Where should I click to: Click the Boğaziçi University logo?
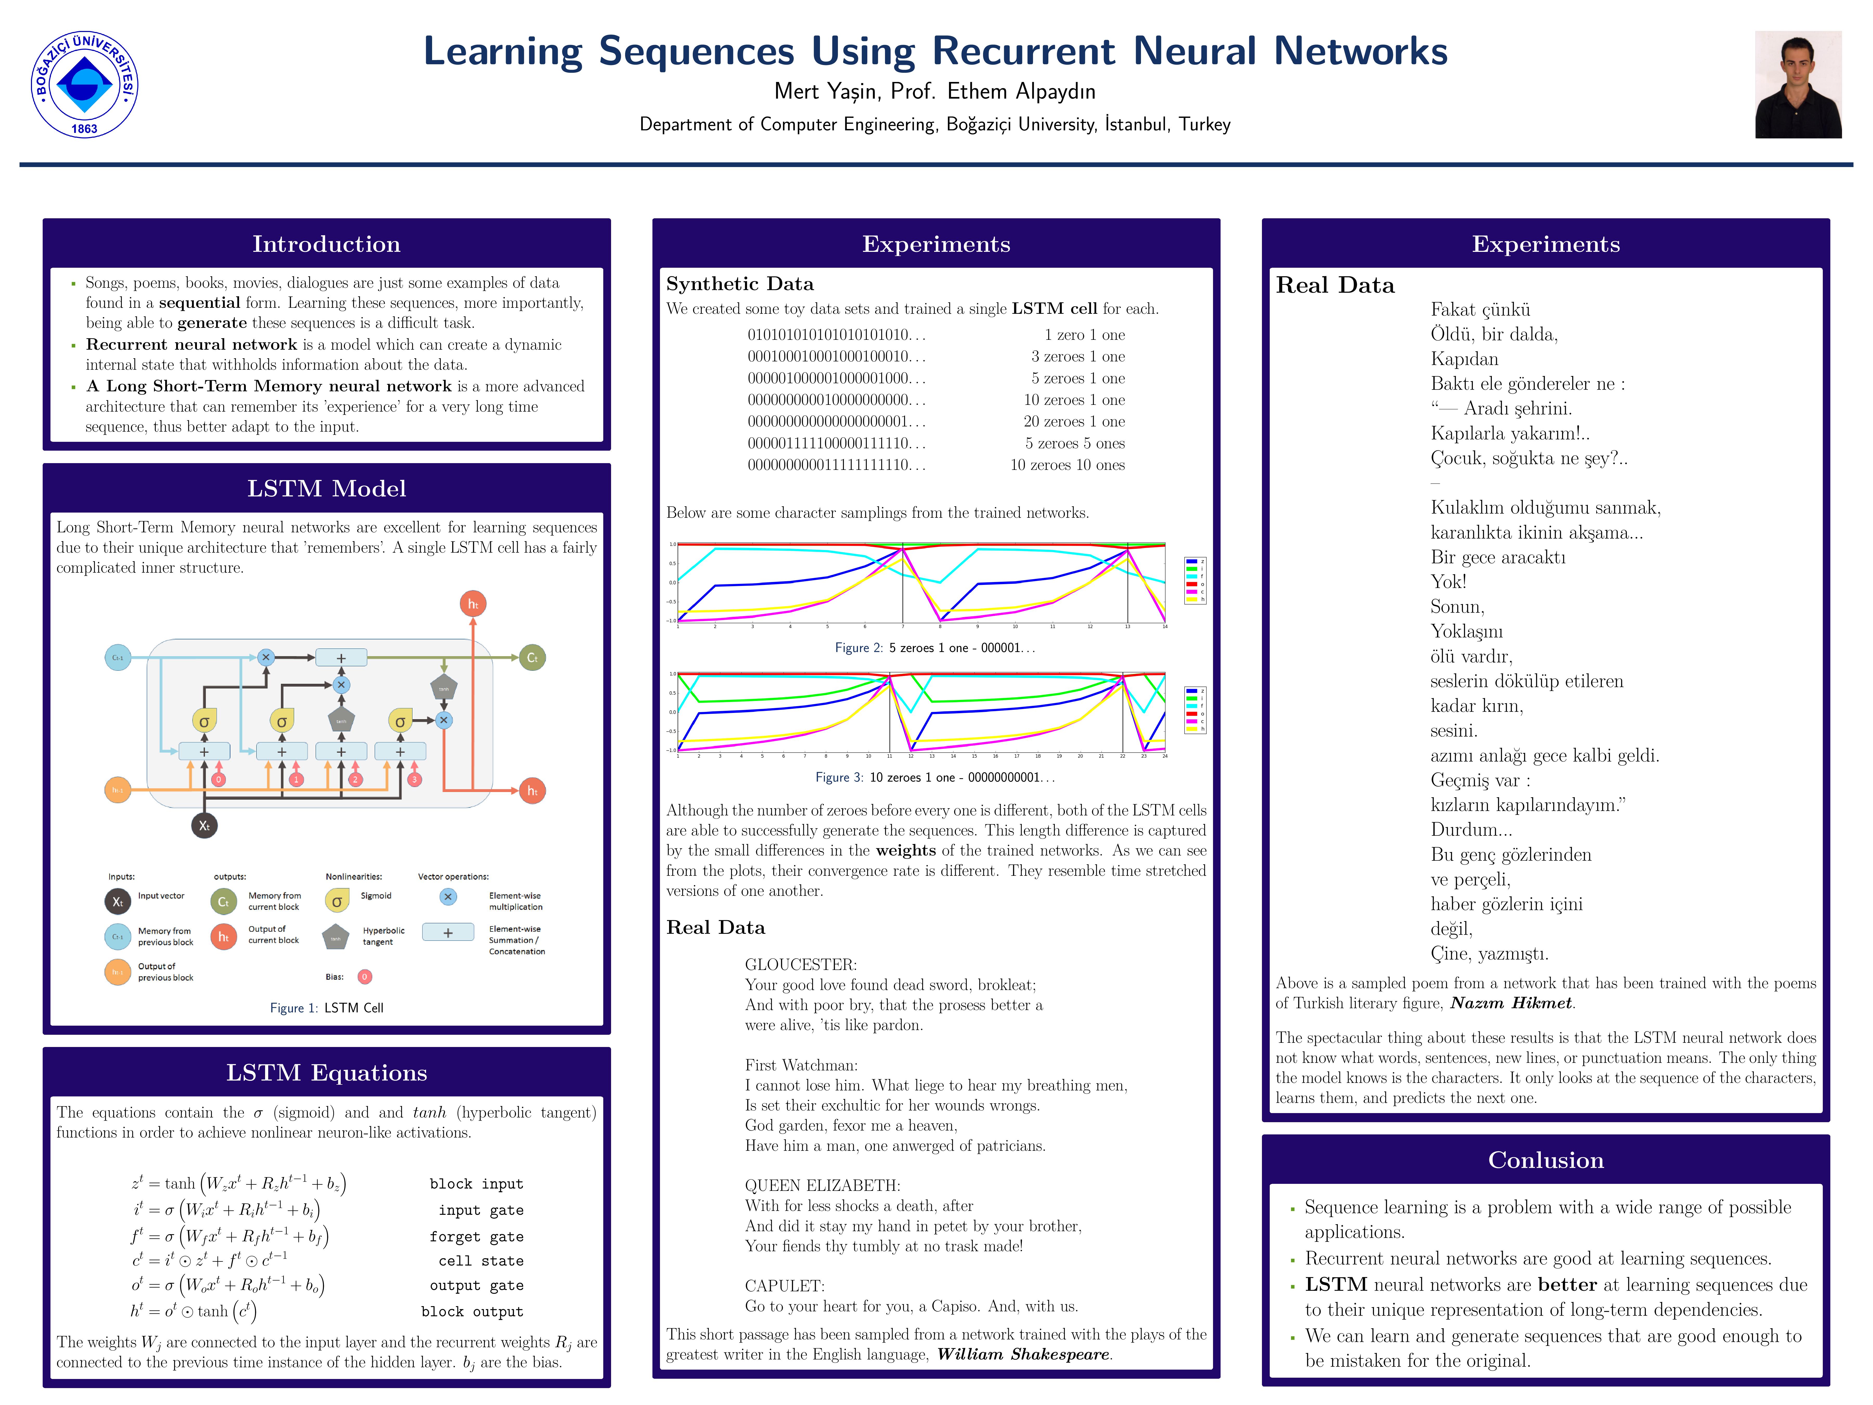(x=85, y=85)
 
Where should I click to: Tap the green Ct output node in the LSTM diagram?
(x=532, y=657)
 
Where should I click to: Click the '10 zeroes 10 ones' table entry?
(x=1067, y=465)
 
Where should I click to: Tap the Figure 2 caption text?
(x=935, y=648)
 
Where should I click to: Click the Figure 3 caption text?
(x=935, y=777)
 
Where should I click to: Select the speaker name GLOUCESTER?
(x=800, y=965)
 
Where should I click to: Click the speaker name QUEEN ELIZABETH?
(x=822, y=1186)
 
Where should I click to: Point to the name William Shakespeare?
(x=1024, y=1354)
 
